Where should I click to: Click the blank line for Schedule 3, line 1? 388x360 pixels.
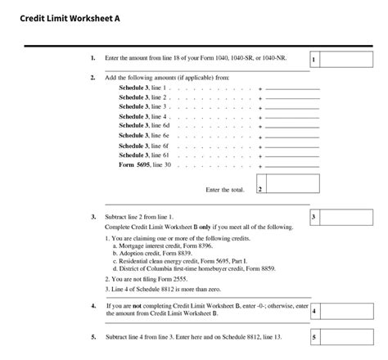(291, 88)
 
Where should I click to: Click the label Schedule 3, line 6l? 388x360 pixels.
(144, 155)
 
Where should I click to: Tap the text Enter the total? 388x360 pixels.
(225, 190)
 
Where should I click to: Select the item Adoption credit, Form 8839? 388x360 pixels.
(152, 253)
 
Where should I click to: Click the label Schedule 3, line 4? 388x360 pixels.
(143, 116)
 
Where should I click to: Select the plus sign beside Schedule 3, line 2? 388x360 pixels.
(260, 97)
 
